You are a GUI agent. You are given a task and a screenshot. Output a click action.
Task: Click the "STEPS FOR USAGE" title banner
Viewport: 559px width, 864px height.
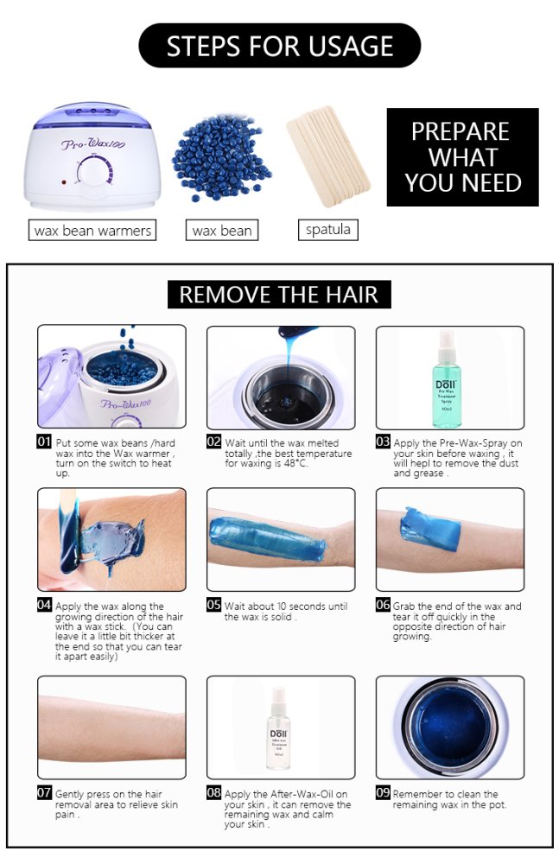280,46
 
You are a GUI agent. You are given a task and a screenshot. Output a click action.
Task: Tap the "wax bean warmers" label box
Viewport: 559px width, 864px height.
92,230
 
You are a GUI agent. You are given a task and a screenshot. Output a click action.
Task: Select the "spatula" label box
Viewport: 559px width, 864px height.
328,229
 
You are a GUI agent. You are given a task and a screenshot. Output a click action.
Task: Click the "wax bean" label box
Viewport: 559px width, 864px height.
222,230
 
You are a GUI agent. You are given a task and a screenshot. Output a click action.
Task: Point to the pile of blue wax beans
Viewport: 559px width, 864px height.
220,157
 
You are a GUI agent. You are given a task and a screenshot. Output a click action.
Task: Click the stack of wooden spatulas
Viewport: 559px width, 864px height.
328,156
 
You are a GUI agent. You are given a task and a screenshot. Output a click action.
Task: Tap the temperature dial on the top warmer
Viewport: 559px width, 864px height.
94,170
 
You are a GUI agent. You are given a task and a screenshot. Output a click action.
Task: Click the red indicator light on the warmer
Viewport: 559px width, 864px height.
64,181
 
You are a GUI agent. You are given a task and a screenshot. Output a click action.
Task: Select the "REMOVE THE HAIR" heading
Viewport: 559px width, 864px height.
279,295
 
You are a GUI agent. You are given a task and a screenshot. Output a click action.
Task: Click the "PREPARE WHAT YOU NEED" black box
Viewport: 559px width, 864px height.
462,157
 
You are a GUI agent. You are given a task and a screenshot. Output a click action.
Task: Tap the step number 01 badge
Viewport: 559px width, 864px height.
44,442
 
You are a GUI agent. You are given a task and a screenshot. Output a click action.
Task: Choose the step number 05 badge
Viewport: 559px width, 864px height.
214,605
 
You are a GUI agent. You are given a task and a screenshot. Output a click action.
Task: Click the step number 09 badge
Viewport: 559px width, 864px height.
383,792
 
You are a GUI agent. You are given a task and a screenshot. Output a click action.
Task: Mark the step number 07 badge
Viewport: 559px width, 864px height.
44,792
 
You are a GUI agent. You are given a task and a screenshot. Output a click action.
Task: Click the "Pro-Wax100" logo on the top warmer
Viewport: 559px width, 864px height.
93,144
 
